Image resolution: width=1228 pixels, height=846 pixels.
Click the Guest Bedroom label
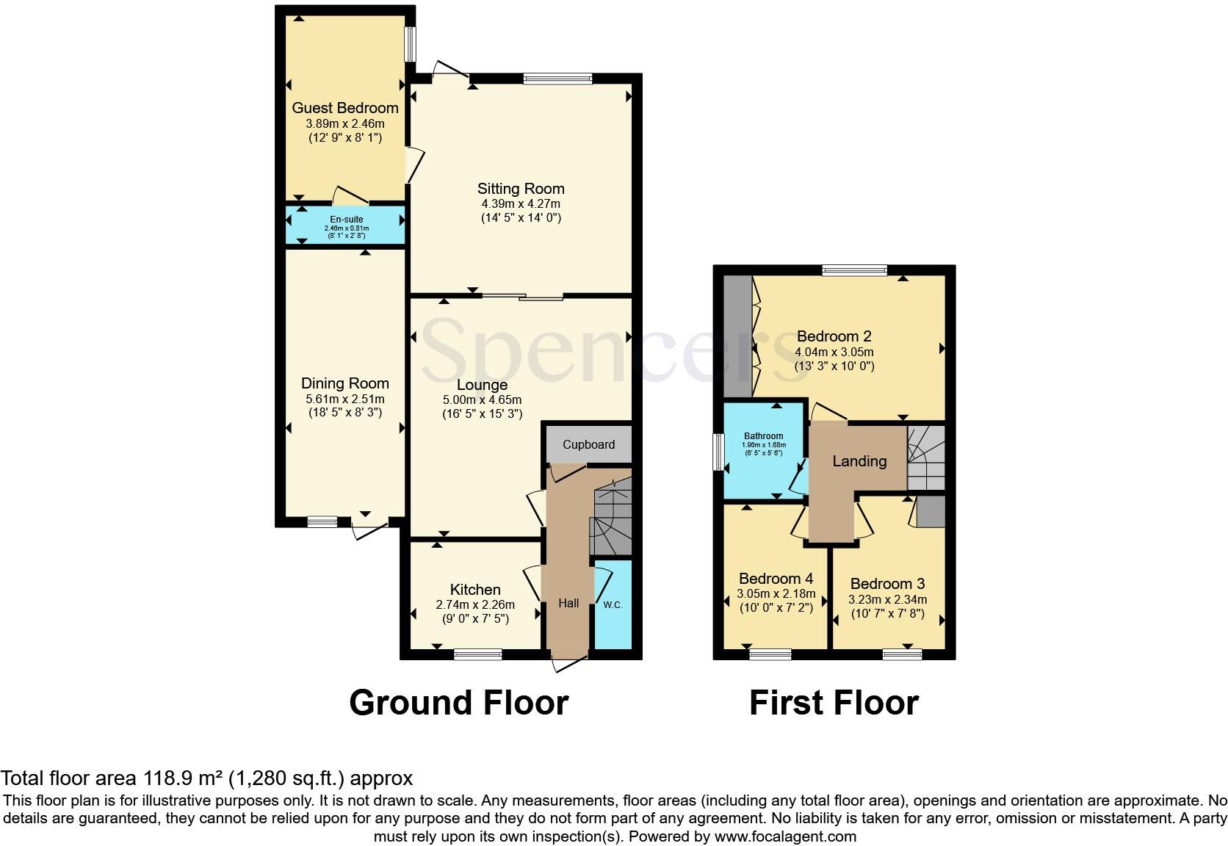345,108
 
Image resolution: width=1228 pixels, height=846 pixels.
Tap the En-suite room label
346,220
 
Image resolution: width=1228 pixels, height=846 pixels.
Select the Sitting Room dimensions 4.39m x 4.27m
520,203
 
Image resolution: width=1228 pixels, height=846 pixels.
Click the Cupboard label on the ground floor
588,444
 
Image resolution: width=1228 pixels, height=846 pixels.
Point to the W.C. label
613,604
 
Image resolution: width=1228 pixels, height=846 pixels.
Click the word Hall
568,603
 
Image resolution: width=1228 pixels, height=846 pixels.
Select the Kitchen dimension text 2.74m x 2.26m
475,605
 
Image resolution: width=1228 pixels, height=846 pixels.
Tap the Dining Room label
345,383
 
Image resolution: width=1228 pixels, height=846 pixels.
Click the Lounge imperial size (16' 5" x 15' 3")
482,414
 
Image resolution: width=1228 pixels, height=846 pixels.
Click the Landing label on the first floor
859,461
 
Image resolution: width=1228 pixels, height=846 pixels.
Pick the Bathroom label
763,436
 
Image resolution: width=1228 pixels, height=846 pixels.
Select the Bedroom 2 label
834,336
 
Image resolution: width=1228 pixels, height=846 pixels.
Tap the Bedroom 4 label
776,579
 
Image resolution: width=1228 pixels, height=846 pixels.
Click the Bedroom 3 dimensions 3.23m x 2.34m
887,599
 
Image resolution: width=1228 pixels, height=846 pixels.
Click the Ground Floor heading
458,703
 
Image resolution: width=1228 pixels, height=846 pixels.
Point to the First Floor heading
834,703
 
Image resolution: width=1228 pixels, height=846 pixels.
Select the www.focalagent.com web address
784,836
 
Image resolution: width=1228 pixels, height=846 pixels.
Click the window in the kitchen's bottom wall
477,654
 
